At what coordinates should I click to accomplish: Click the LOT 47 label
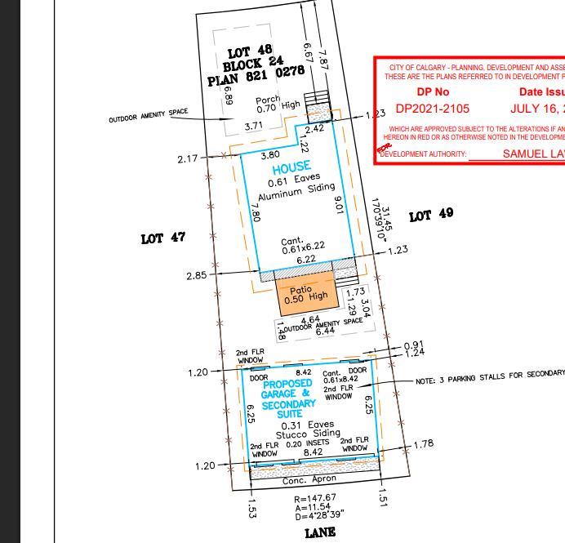pyautogui.click(x=163, y=238)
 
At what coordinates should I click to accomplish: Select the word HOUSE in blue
pyautogui.click(x=291, y=167)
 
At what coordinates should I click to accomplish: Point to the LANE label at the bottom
pyautogui.click(x=320, y=532)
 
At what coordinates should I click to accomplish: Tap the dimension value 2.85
pyautogui.click(x=196, y=275)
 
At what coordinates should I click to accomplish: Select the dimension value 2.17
pyautogui.click(x=187, y=158)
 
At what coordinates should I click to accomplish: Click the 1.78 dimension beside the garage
pyautogui.click(x=424, y=444)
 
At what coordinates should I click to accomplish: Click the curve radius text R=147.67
pyautogui.click(x=315, y=498)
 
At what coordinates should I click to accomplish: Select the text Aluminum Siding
pyautogui.click(x=296, y=191)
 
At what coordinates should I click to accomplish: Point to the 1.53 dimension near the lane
pyautogui.click(x=251, y=508)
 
